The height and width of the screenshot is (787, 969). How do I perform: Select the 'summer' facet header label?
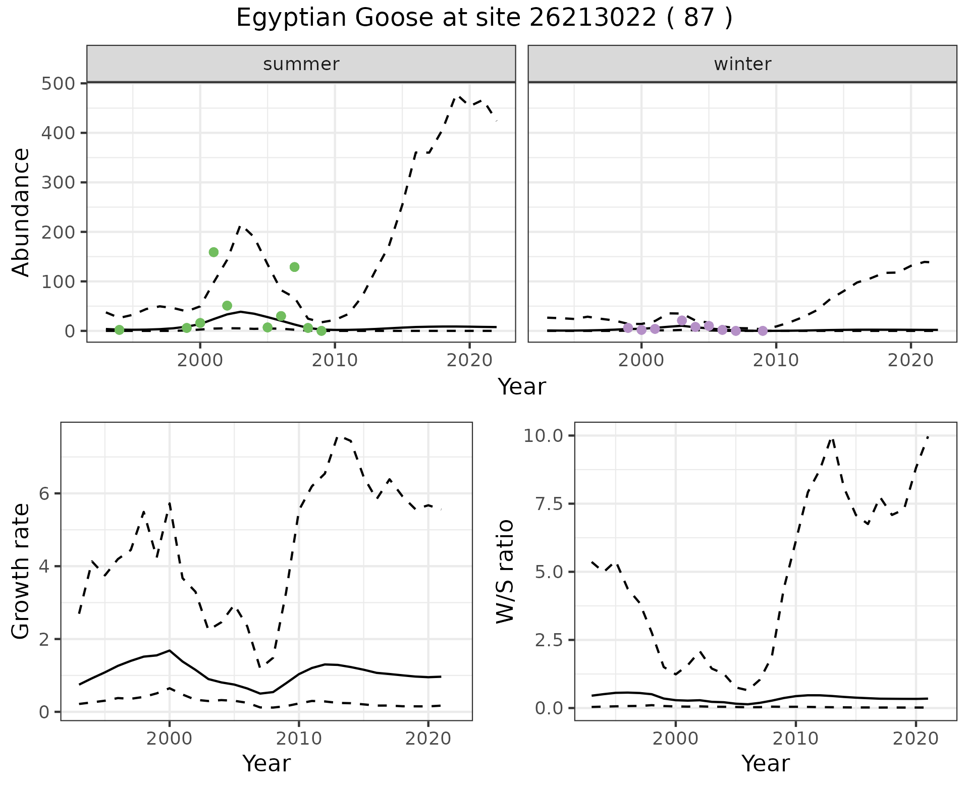[x=301, y=64]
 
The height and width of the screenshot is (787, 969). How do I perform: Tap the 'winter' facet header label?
[x=742, y=64]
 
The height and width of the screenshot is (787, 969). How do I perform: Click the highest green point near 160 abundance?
[x=213, y=252]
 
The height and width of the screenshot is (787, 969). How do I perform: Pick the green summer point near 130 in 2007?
[x=295, y=267]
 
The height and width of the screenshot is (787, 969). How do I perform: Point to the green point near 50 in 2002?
[x=227, y=306]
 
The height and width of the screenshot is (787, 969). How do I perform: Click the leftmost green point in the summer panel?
[x=119, y=330]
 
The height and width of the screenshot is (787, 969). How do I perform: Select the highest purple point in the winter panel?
[x=682, y=320]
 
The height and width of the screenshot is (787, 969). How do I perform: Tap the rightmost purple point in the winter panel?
[x=763, y=331]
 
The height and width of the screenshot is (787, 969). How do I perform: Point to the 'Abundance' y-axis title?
[x=21, y=212]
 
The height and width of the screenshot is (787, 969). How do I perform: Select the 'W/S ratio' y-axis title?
[x=505, y=572]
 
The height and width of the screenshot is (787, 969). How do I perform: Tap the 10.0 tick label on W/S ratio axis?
[x=543, y=435]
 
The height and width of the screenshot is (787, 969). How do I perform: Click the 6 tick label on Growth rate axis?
[x=44, y=493]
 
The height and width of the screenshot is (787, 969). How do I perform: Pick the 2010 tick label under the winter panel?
[x=776, y=361]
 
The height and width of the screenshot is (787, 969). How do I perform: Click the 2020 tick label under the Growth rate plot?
[x=428, y=739]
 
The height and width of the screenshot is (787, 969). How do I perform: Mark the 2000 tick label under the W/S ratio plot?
[x=675, y=739]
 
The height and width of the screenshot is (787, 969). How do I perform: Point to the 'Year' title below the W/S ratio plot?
[x=765, y=763]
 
